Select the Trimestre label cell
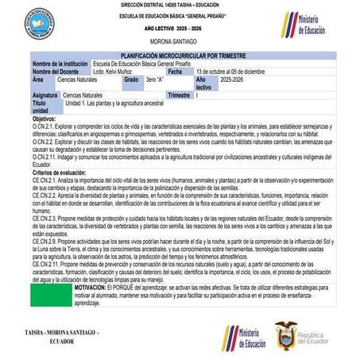182,95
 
